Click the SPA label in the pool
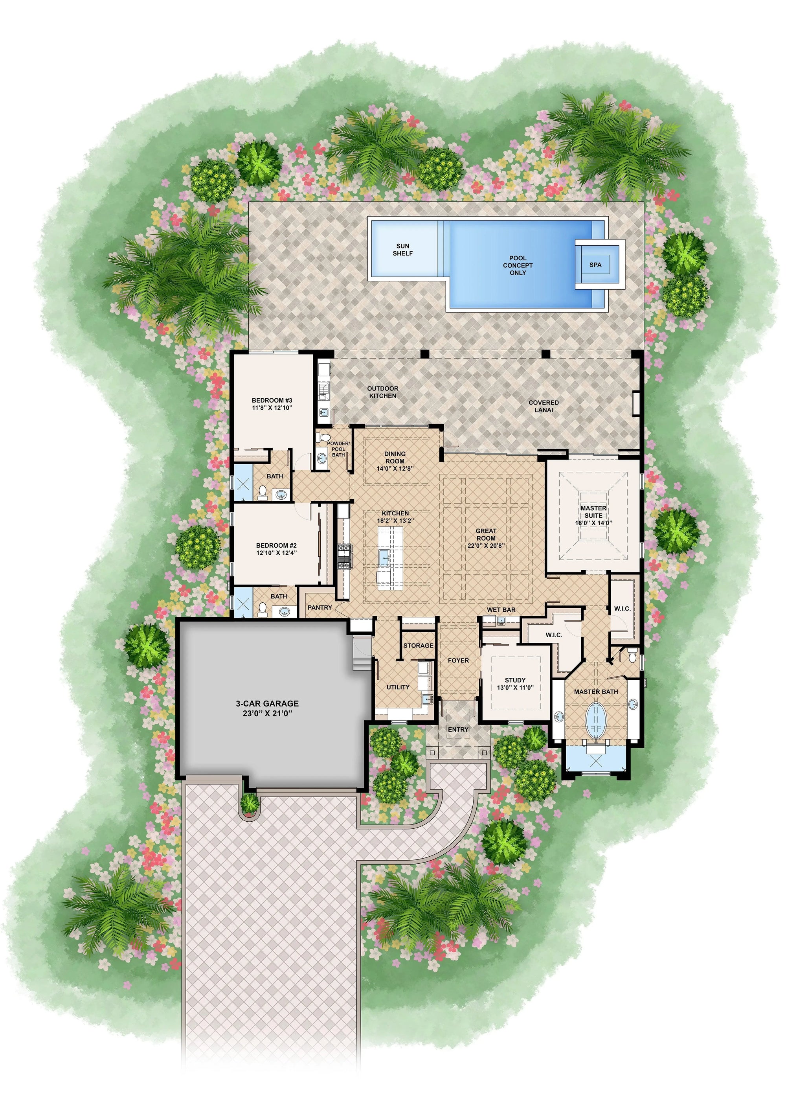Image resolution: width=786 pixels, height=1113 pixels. (595, 265)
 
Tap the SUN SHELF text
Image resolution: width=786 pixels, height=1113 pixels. (403, 250)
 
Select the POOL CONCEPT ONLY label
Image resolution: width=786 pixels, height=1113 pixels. (518, 265)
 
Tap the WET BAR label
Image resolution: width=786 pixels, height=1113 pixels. (501, 609)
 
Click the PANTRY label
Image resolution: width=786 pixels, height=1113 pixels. (320, 607)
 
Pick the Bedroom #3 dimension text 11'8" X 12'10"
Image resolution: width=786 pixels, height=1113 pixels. (272, 408)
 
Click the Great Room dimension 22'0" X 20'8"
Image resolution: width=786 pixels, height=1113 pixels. (486, 545)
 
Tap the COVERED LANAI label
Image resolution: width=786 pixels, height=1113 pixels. (543, 406)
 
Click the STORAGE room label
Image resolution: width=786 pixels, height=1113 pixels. (418, 646)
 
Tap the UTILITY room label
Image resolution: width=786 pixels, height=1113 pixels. (398, 687)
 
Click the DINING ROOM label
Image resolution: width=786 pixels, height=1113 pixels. (395, 457)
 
